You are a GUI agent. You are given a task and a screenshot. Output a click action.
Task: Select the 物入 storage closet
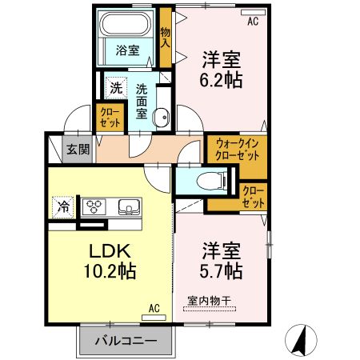(x=166, y=38)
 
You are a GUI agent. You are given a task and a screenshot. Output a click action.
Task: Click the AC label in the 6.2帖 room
(x=253, y=22)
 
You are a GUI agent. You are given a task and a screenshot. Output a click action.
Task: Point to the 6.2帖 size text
(x=222, y=80)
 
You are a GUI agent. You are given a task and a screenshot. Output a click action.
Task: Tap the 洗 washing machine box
(x=115, y=89)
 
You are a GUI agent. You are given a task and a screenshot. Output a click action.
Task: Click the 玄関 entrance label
(x=78, y=150)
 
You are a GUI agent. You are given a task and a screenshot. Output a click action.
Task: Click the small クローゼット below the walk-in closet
(x=253, y=196)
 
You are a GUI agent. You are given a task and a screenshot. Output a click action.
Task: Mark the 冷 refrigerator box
(x=62, y=206)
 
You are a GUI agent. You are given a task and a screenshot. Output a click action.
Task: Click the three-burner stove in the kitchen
(x=95, y=206)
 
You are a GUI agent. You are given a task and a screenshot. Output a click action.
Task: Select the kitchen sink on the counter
(x=128, y=207)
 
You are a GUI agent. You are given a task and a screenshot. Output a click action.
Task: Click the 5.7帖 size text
(x=222, y=270)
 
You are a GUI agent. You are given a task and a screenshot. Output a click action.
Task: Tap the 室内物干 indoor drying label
(x=209, y=301)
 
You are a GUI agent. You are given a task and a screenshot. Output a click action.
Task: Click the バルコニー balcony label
(x=124, y=342)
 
